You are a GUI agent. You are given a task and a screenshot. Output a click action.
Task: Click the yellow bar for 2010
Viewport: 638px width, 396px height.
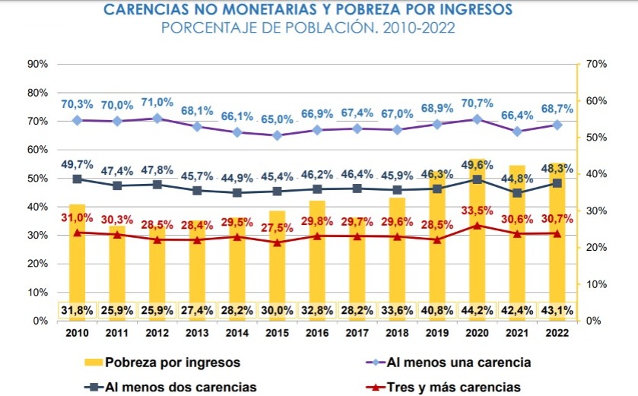tap(77, 258)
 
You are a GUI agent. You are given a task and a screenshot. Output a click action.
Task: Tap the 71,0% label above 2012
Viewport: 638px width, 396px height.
tap(157, 102)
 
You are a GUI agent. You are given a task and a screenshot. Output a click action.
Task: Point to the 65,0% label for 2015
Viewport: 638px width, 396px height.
tap(278, 119)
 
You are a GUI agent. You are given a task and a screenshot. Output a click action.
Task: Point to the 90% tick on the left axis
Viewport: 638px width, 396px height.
tap(37, 64)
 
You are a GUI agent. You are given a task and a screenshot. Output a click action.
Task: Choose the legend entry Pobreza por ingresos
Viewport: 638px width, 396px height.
tap(164, 361)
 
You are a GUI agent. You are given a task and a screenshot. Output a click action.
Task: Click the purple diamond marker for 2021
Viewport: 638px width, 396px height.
tap(518, 131)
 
